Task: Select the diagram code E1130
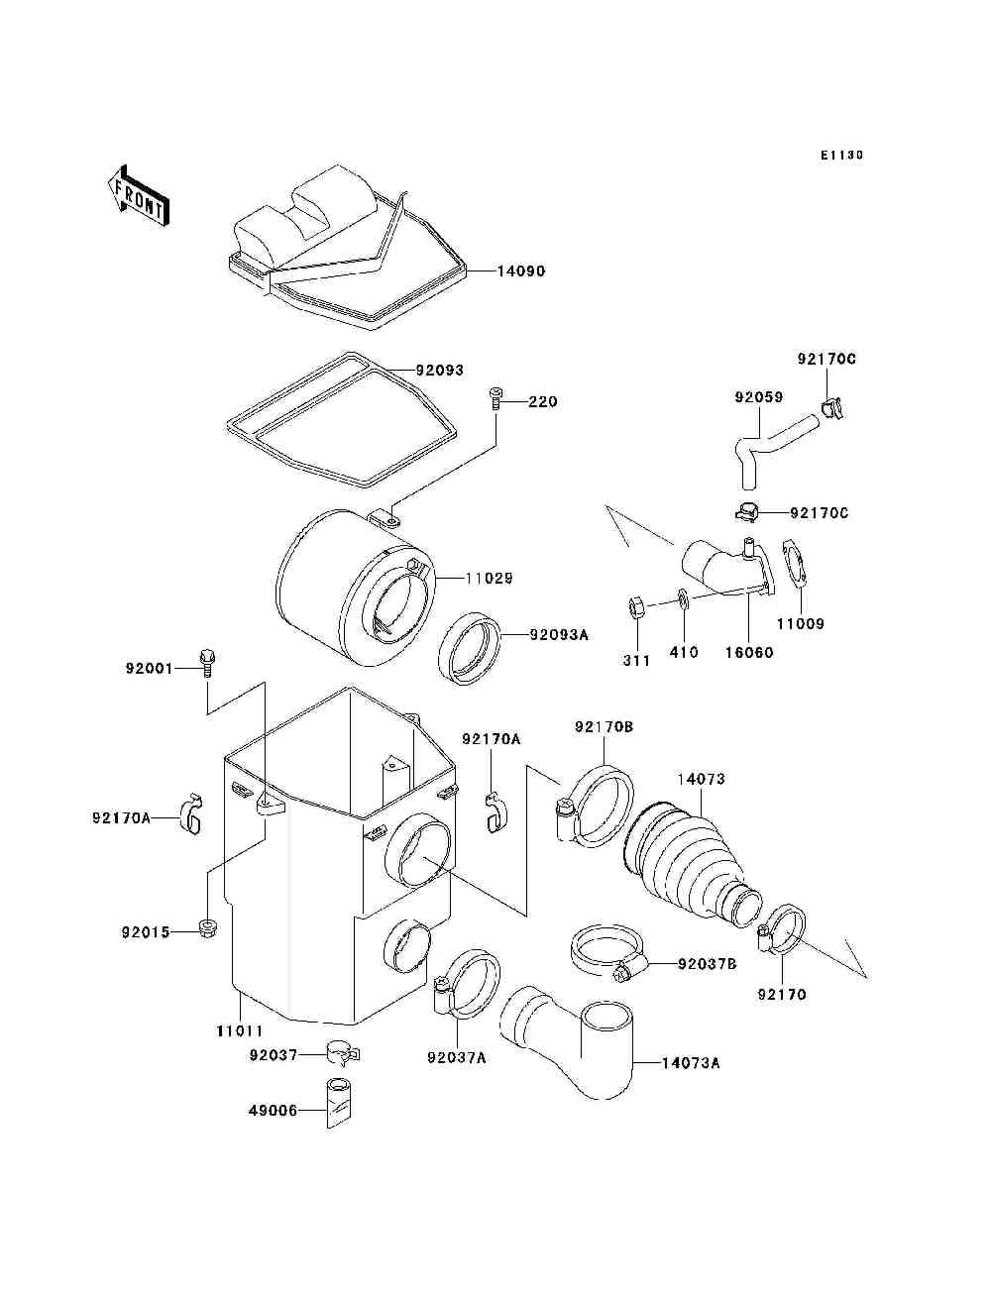[841, 156]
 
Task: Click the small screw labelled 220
[495, 400]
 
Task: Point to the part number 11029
[488, 578]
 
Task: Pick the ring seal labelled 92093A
[469, 648]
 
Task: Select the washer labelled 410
[684, 597]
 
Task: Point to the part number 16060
[748, 653]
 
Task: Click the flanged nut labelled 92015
[207, 929]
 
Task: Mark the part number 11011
[240, 1030]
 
